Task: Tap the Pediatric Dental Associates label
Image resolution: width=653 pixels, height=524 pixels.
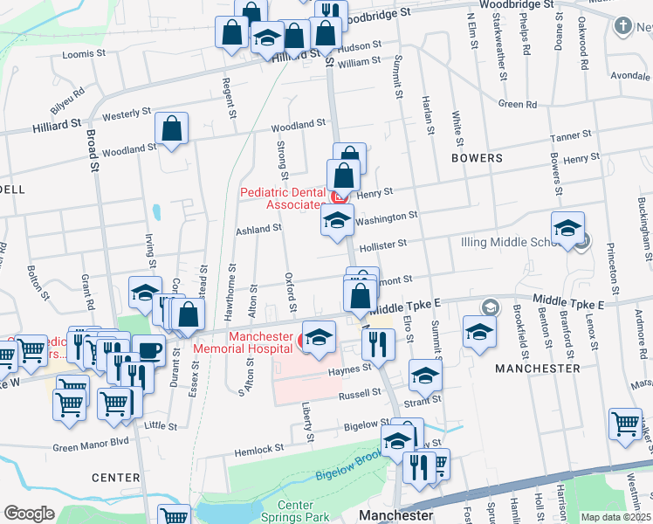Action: click(x=283, y=198)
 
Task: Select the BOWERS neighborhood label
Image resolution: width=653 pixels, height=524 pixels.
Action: click(x=477, y=158)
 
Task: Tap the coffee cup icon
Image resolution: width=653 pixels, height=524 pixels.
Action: click(x=148, y=350)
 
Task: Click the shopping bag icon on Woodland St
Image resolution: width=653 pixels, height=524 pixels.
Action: click(x=172, y=129)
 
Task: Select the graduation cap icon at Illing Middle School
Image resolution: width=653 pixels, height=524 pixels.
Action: click(x=567, y=228)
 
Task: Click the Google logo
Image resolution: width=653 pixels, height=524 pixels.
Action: click(x=29, y=514)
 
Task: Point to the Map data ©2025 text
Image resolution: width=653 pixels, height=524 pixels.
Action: click(x=615, y=517)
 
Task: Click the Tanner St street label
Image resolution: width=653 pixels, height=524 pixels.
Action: click(x=571, y=135)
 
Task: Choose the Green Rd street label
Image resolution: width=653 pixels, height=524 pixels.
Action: click(x=518, y=105)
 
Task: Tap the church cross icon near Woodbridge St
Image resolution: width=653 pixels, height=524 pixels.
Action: click(x=623, y=25)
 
